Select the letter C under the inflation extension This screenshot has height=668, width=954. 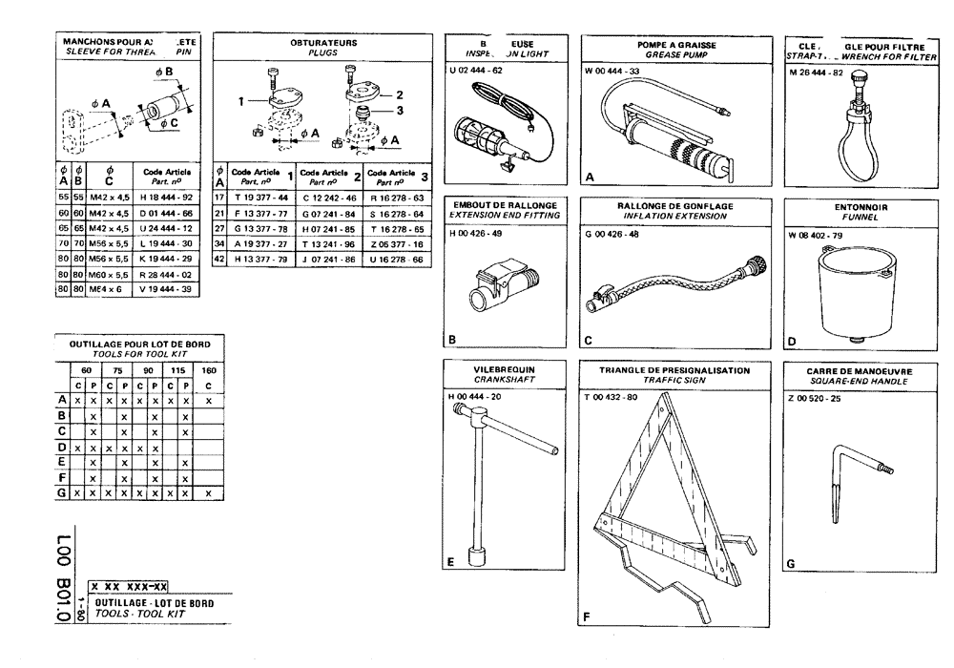click(x=589, y=340)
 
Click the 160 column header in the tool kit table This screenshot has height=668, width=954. click(x=208, y=370)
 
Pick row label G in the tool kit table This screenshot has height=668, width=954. click(x=62, y=492)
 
